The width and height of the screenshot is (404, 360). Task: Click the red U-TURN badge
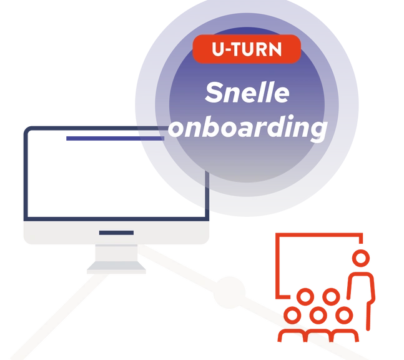pos(247,49)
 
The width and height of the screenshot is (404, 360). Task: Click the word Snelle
pos(247,93)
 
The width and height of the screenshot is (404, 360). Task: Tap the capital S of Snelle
pos(214,94)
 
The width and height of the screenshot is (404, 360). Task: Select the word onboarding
pos(248,128)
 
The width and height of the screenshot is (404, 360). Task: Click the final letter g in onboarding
pos(318,131)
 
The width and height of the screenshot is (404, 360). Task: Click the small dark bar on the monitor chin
pos(116,233)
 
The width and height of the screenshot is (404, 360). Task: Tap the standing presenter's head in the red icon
pos(360,256)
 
